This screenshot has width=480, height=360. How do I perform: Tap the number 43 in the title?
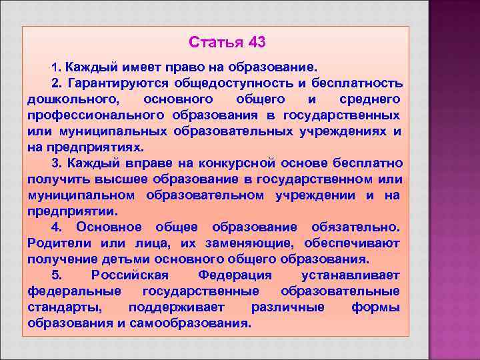point(257,43)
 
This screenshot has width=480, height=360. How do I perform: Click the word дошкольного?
point(73,99)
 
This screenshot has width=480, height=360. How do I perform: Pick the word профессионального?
point(90,115)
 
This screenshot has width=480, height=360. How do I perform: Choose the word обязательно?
point(356,227)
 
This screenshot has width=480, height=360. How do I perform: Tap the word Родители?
point(61,243)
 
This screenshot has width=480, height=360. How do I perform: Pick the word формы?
point(375,307)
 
